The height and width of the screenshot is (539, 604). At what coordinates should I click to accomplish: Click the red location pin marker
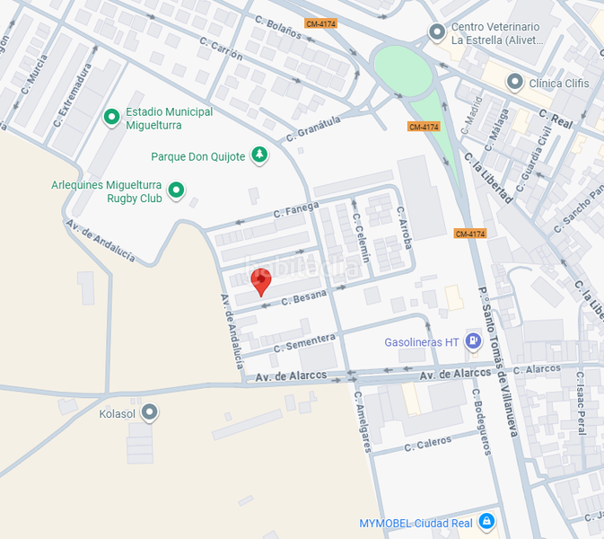click(260, 281)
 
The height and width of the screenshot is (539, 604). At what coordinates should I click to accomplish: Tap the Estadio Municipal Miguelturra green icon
click(112, 117)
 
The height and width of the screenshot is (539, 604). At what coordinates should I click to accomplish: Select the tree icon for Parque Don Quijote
click(259, 155)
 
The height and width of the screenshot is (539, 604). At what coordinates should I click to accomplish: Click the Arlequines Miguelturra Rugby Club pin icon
click(176, 190)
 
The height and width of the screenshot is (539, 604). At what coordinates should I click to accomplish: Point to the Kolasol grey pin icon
click(150, 413)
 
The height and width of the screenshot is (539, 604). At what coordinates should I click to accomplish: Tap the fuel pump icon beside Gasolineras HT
click(473, 341)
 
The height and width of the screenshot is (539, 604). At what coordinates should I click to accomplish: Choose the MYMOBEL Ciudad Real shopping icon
click(486, 521)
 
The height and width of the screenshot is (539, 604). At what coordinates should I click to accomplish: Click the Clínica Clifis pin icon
click(515, 83)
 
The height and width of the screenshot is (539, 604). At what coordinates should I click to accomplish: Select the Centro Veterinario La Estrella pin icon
click(437, 33)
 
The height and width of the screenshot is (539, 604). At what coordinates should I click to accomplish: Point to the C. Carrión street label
click(222, 50)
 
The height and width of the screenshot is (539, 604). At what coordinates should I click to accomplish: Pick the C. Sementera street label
click(304, 342)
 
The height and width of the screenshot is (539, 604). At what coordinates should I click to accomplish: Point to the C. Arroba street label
click(405, 226)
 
